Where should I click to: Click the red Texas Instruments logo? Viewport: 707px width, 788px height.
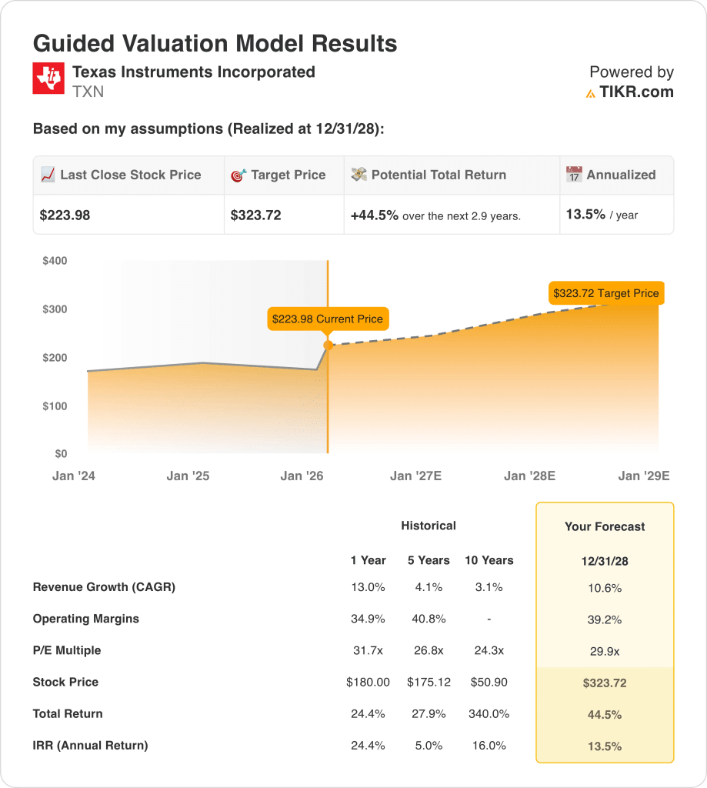[x=48, y=79]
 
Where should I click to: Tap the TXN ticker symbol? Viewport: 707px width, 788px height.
[x=88, y=92]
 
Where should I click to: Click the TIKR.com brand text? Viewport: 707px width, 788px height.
[x=636, y=92]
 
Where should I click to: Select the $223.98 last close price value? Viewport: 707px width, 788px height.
[x=65, y=215]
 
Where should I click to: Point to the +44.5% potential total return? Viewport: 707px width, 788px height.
[x=375, y=215]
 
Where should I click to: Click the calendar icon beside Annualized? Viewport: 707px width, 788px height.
[x=574, y=175]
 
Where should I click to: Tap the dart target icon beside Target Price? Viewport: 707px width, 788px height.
[x=238, y=175]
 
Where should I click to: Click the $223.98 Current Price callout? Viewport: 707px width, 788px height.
[x=328, y=319]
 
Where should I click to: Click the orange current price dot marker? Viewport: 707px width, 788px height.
[x=328, y=346]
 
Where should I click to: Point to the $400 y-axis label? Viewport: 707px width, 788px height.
[x=55, y=261]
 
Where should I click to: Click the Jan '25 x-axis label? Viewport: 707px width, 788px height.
[x=188, y=476]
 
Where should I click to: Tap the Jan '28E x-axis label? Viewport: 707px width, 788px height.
[x=529, y=476]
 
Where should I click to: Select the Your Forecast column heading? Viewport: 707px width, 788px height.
[x=605, y=527]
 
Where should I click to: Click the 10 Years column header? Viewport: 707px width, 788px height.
[x=489, y=560]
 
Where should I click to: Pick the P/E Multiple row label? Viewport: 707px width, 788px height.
[x=67, y=650]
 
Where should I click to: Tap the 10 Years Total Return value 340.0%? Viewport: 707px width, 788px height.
[x=489, y=713]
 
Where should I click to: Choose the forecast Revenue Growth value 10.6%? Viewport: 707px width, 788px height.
[x=605, y=588]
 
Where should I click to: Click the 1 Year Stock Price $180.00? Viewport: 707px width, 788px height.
[x=368, y=682]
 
